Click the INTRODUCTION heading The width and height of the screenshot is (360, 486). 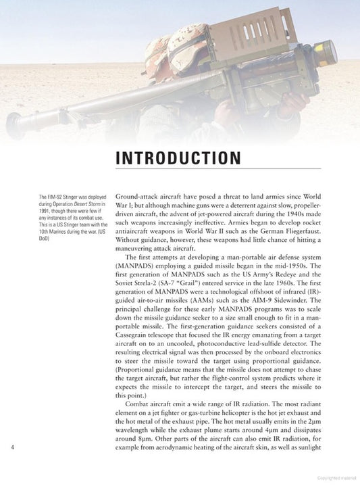tap(178, 158)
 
